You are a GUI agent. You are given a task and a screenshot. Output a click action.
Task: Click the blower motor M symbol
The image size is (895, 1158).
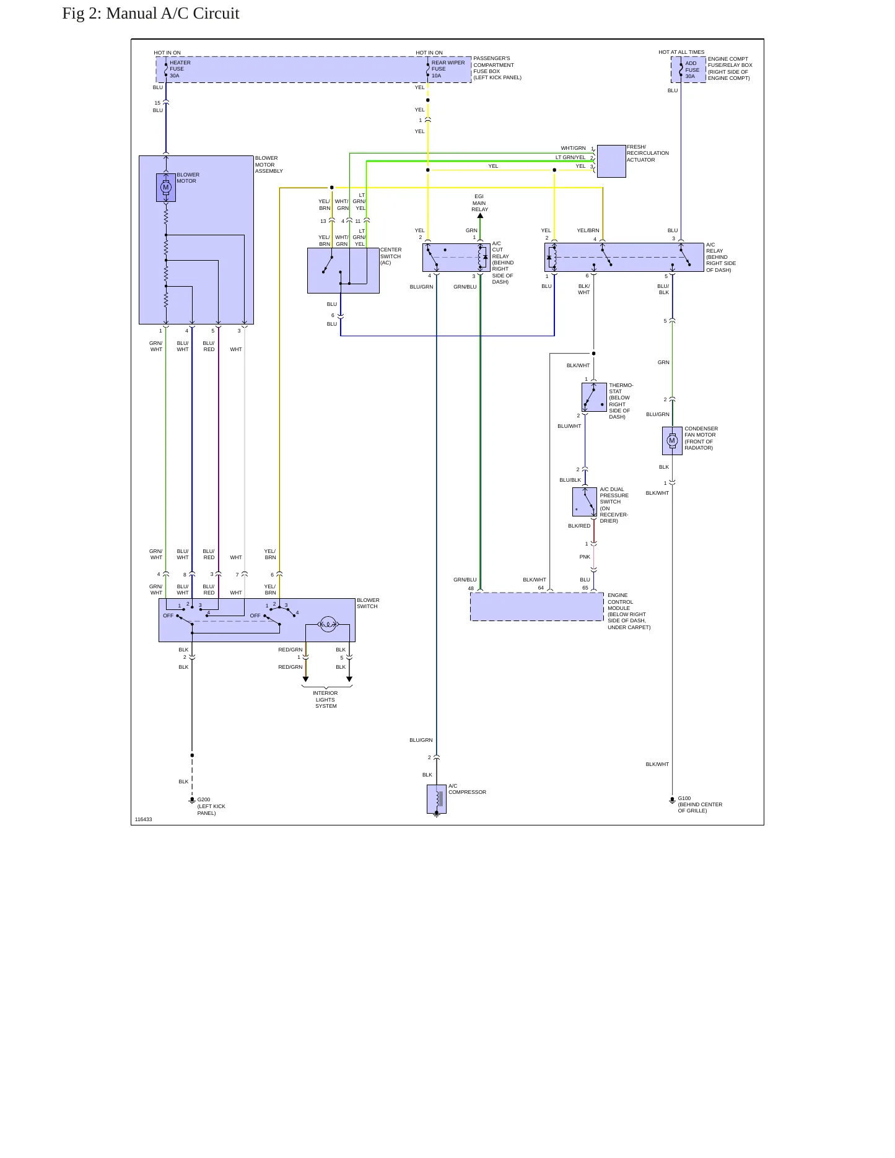tap(165, 187)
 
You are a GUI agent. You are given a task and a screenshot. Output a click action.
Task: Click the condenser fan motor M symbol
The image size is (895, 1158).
tap(672, 441)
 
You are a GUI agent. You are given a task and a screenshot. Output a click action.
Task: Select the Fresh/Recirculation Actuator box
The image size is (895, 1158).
tap(611, 161)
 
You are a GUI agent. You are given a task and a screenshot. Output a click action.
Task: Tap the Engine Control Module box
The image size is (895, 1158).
tap(537, 606)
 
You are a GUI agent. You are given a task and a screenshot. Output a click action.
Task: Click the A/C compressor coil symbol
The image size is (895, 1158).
tap(438, 799)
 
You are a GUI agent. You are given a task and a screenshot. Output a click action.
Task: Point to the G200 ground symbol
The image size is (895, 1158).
tap(192, 801)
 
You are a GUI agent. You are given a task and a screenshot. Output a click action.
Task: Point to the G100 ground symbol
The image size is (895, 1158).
tap(672, 800)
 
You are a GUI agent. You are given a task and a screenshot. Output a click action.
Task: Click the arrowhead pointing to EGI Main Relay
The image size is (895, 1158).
tap(480, 215)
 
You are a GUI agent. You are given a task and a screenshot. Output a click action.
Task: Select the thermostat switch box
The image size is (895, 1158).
tap(594, 397)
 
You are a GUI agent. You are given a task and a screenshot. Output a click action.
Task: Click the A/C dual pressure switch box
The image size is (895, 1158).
tap(585, 502)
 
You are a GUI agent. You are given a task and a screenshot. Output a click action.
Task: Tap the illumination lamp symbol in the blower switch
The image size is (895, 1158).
tap(328, 624)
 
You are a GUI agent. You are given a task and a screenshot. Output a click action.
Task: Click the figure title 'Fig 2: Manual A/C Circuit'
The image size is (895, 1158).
tap(151, 14)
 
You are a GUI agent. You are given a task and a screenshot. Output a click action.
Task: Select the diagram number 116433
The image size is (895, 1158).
tap(143, 819)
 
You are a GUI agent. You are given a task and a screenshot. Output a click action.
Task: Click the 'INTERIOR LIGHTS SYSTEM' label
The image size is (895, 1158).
tap(326, 700)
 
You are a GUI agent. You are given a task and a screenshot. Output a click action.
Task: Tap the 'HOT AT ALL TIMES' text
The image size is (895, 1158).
tap(681, 52)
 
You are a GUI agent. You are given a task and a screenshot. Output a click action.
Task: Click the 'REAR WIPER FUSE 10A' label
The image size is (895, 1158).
tap(448, 69)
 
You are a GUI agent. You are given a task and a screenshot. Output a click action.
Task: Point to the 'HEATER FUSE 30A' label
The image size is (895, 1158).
tap(180, 69)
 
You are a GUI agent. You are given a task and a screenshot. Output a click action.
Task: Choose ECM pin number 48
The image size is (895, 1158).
tap(471, 588)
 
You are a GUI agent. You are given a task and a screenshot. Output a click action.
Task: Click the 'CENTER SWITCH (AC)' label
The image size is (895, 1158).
tap(391, 256)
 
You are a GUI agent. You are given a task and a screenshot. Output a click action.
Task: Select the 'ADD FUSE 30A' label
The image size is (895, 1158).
tap(692, 70)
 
